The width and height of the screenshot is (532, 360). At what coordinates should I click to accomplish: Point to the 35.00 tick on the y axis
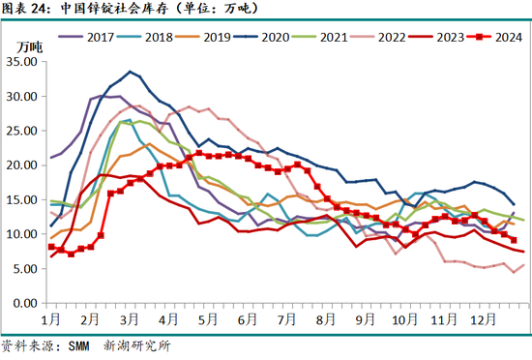pyautogui.click(x=20, y=62)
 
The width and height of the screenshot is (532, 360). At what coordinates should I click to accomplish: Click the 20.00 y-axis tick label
pyautogui.click(x=20, y=165)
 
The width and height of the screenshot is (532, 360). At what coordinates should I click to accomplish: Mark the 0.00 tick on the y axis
pyautogui.click(x=23, y=303)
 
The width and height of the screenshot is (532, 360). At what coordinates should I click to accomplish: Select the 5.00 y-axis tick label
pyautogui.click(x=23, y=269)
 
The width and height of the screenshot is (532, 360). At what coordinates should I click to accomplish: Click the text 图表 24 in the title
pyautogui.click(x=21, y=10)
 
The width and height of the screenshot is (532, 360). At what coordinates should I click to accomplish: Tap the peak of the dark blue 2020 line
pyautogui.click(x=130, y=72)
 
